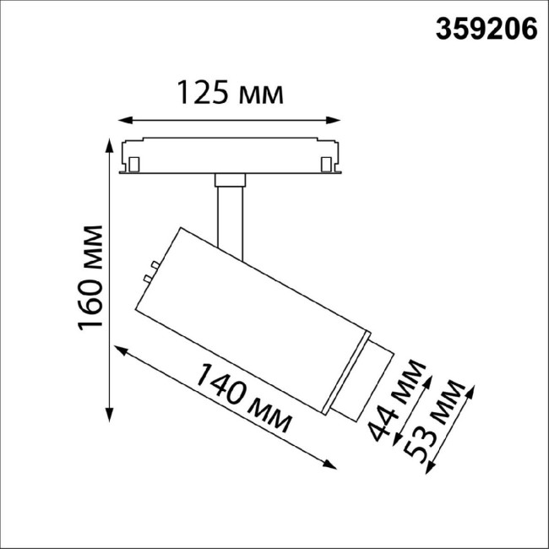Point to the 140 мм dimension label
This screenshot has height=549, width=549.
point(245,396)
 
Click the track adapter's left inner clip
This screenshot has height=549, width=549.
point(134,160)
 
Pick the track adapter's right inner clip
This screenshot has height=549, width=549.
point(327,160)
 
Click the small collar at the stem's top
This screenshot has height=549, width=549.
point(230,179)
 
